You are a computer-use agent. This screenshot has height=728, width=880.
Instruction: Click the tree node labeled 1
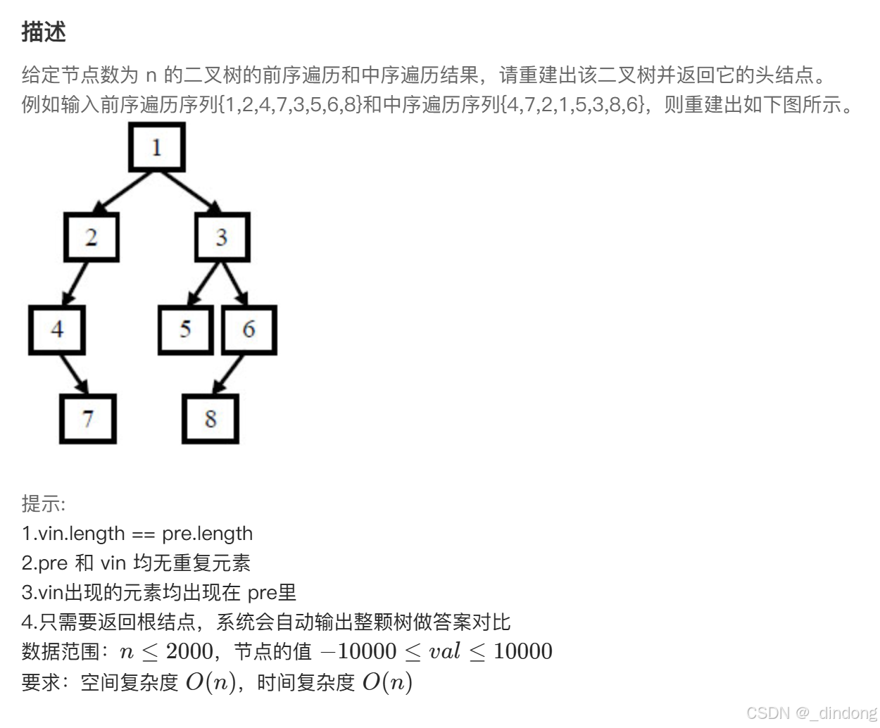coord(156,147)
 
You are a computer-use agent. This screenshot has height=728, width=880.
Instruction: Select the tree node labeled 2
coord(91,237)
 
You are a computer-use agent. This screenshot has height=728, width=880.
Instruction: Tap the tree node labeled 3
coord(222,237)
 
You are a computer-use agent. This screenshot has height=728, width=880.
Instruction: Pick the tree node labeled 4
coord(57,330)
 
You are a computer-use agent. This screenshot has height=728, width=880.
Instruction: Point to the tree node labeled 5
coord(185,330)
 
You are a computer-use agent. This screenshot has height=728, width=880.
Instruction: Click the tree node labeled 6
coord(249,330)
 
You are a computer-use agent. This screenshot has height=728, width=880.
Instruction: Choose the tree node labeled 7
coord(87,419)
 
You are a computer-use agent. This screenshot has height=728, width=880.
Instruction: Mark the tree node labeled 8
coord(210,419)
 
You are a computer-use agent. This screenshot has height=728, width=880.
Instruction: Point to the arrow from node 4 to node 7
coord(73,374)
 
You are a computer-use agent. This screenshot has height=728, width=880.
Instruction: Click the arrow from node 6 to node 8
coord(228,374)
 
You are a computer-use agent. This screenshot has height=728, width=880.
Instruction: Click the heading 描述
coord(44,32)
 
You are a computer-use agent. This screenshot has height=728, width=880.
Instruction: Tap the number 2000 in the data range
coord(190,651)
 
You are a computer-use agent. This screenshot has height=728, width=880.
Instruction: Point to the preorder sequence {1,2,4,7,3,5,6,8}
coord(291,104)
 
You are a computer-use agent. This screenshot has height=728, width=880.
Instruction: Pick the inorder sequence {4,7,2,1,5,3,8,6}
coord(573,104)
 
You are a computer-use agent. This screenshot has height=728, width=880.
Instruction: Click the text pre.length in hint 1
coord(207,534)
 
